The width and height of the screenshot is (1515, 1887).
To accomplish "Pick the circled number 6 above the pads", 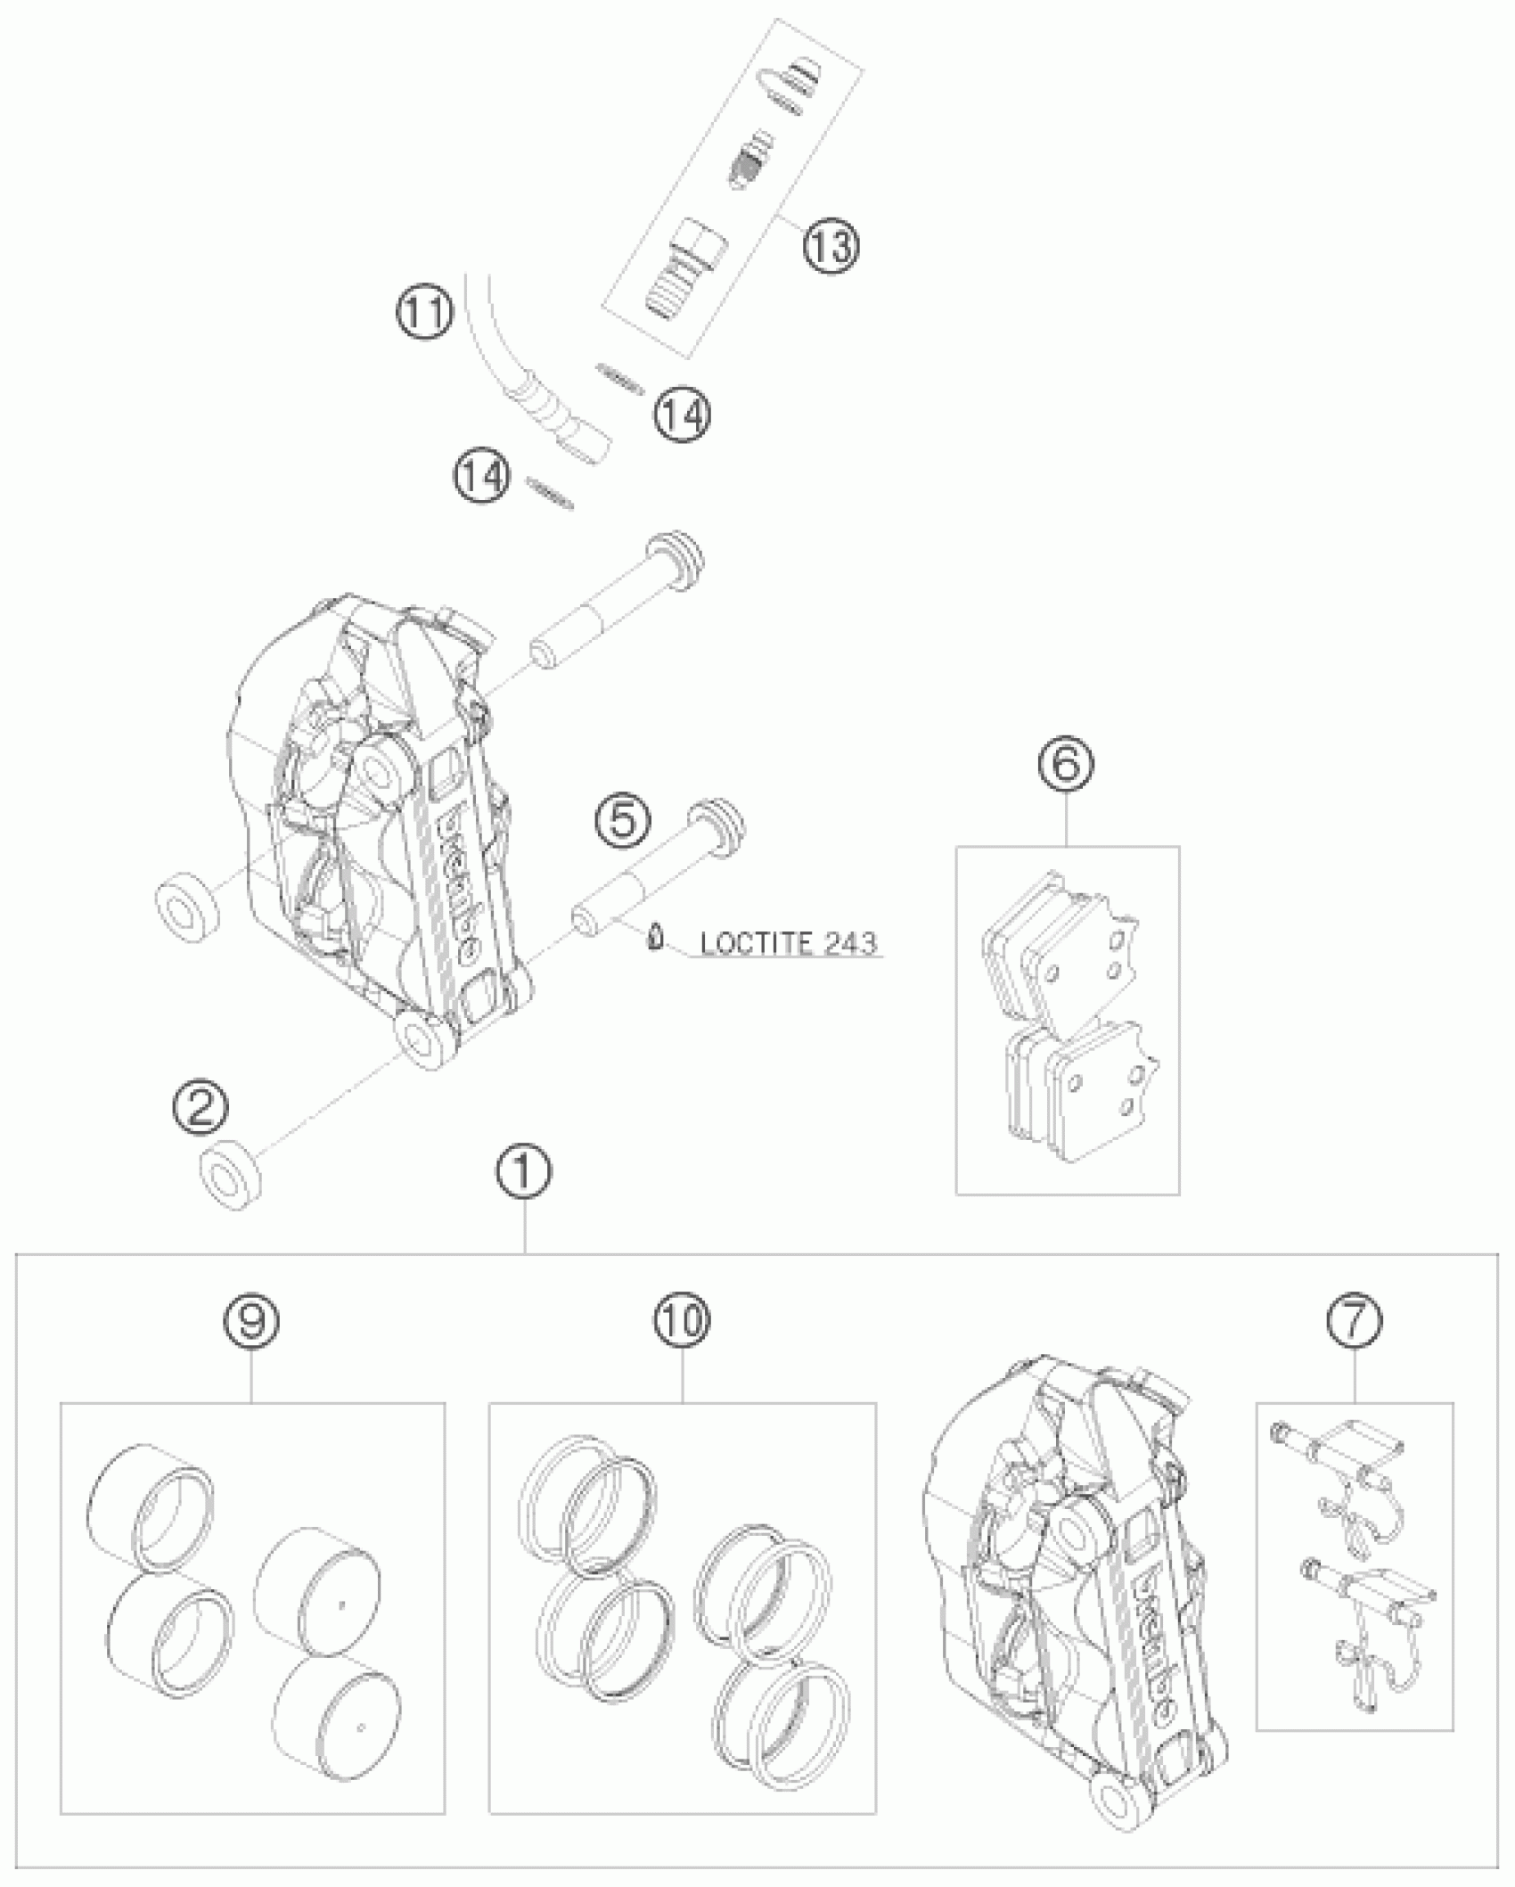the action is point(1067,763).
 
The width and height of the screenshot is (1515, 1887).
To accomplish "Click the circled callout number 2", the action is point(201,1108).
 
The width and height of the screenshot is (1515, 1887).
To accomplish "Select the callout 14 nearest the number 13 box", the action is point(683,414).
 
